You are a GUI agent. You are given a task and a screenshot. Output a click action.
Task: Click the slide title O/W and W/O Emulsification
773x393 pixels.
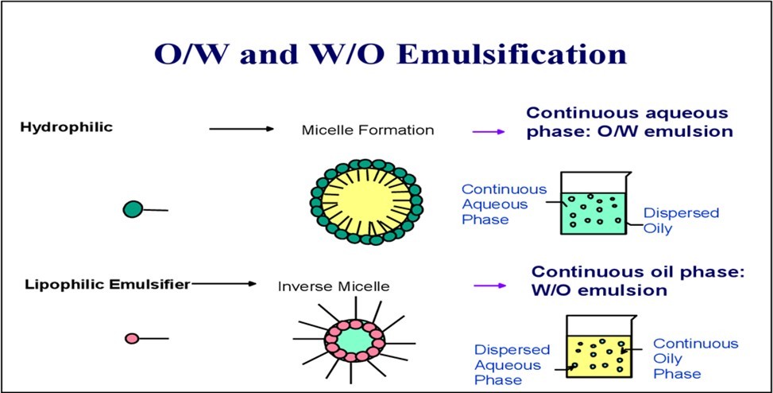pos(390,54)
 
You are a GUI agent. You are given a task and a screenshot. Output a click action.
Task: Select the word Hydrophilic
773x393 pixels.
pos(68,126)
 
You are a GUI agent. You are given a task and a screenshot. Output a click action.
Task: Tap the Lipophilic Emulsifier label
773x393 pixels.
pos(106,283)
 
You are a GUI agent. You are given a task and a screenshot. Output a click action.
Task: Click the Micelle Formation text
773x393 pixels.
pos(367,130)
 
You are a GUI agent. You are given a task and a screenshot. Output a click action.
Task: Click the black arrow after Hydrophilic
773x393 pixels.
pos(242,129)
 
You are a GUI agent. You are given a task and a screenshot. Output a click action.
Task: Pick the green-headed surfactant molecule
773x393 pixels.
pos(133,209)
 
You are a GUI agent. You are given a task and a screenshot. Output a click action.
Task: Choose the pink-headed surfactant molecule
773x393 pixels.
pos(132,339)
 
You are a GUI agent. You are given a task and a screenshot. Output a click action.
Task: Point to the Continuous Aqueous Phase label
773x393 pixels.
pos(504,204)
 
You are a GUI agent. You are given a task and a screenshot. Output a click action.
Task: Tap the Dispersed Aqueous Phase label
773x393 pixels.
pos(512,365)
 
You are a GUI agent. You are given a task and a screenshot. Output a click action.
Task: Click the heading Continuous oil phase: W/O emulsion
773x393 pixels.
pos(637,281)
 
